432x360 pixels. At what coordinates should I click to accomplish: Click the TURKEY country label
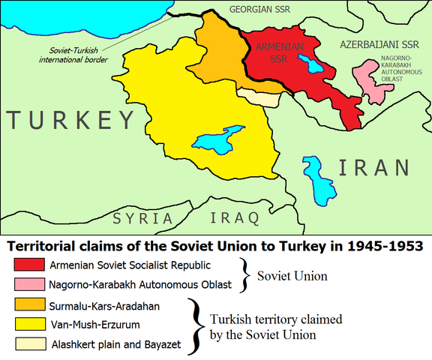coord(70,120)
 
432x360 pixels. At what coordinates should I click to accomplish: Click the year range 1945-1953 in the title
coord(373,246)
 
